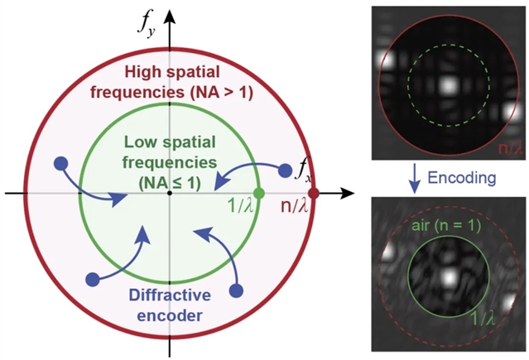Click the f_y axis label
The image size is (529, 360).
pos(149,26)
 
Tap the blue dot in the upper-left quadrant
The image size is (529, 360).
pos(60,164)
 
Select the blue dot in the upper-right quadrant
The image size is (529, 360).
pos(285,171)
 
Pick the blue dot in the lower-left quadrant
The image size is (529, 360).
pos(92,278)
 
